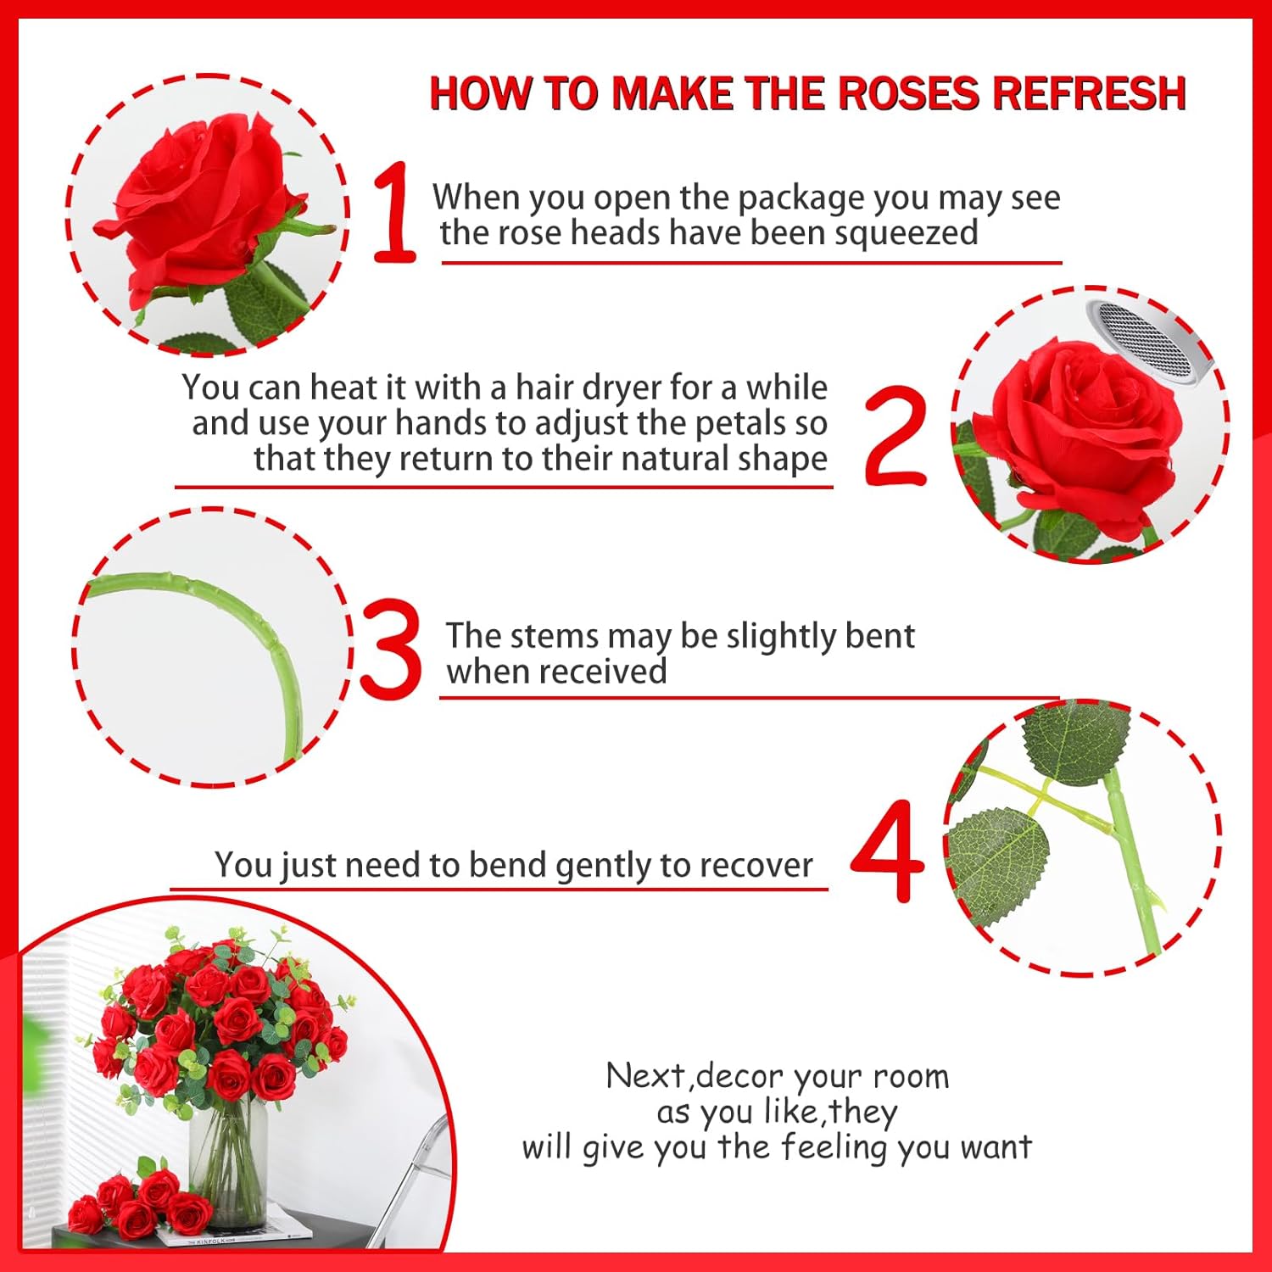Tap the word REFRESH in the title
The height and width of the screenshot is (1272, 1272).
1090,93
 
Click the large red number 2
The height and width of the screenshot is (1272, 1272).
895,435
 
